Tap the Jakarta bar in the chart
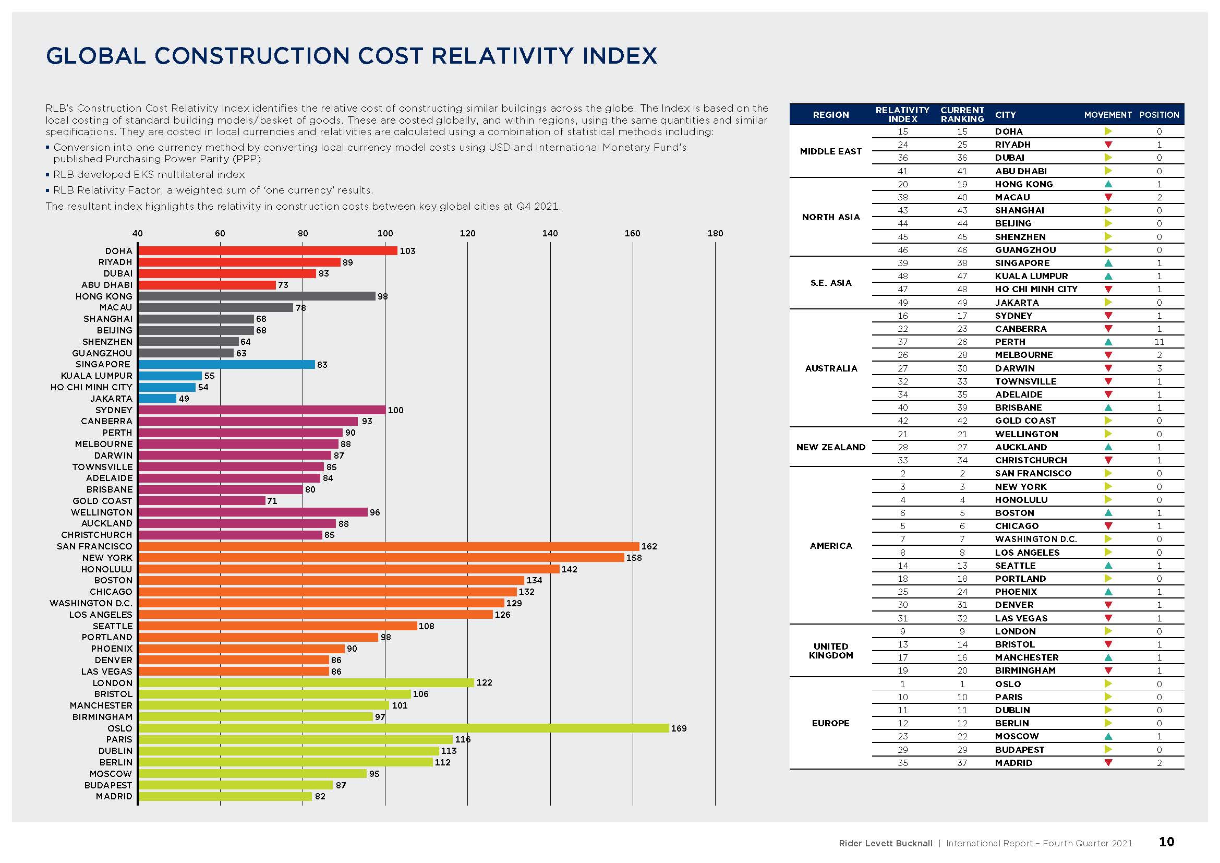point(158,399)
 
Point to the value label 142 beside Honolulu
point(569,569)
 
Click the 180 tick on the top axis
point(715,233)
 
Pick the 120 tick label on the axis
point(467,233)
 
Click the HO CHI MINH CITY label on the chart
point(91,387)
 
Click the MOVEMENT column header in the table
point(1108,115)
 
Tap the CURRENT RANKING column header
point(962,115)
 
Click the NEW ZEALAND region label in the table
point(830,448)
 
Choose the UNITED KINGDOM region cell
point(830,651)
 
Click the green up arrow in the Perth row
point(1108,342)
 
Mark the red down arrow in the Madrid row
point(1108,763)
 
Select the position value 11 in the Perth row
point(1159,342)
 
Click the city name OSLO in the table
point(1008,684)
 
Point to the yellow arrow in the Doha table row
point(1108,131)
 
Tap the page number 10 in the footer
point(1166,842)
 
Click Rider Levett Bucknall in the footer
point(885,843)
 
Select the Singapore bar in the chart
point(226,365)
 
